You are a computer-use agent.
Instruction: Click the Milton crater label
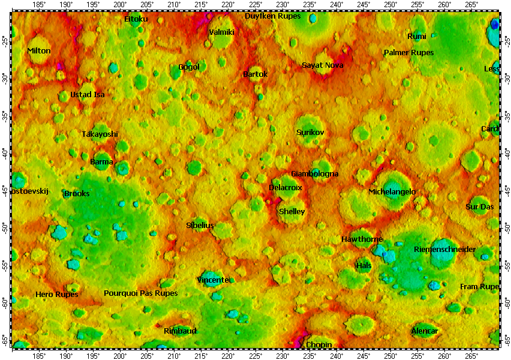tap(39, 51)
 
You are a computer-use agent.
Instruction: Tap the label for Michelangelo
tap(392, 192)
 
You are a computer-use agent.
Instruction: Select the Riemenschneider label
tap(444, 250)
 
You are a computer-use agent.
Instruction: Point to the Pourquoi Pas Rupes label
tap(141, 293)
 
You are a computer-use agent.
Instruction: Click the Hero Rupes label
tap(57, 295)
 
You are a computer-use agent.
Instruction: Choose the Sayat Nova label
tap(323, 65)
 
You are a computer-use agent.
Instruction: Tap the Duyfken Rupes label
tap(273, 16)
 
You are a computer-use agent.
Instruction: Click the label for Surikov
tap(310, 132)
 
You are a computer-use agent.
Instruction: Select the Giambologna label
tap(315, 174)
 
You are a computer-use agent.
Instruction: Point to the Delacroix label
tap(285, 188)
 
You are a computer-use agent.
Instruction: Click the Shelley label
tap(292, 212)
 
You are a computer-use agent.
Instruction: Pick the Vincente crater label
tap(213, 280)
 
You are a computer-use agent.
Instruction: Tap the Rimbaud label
tap(180, 331)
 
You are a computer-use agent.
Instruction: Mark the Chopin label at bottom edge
tap(318, 345)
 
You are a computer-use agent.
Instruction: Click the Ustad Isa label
tap(88, 95)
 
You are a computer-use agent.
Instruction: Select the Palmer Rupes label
tap(408, 53)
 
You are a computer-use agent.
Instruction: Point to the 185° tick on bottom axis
tap(39, 355)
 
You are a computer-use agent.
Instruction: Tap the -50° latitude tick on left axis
tap(5, 227)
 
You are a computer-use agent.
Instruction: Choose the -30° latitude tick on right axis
tap(507, 78)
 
